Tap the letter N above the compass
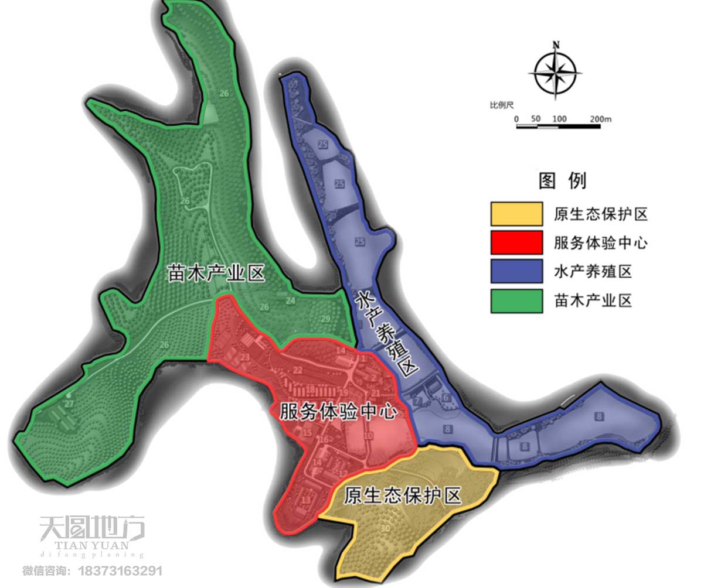tap(556, 45)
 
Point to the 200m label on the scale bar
tap(601, 119)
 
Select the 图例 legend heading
tap(562, 180)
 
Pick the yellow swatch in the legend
tap(516, 214)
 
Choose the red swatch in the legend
tap(516, 242)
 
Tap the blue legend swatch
tap(516, 272)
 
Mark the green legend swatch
tap(516, 301)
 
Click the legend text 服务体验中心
tap(600, 242)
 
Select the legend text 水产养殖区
tap(592, 272)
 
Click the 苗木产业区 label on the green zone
tap(216, 273)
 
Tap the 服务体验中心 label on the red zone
tap(338, 411)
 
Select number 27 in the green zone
tap(69, 404)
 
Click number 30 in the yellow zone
tap(385, 529)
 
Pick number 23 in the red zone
tap(244, 357)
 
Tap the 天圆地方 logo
tap(92, 529)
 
